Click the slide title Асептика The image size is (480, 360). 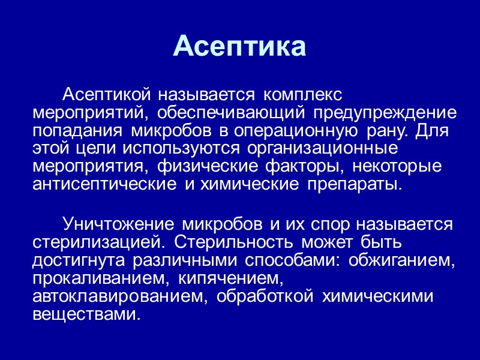[x=239, y=46]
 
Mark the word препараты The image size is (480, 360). [x=355, y=183]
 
